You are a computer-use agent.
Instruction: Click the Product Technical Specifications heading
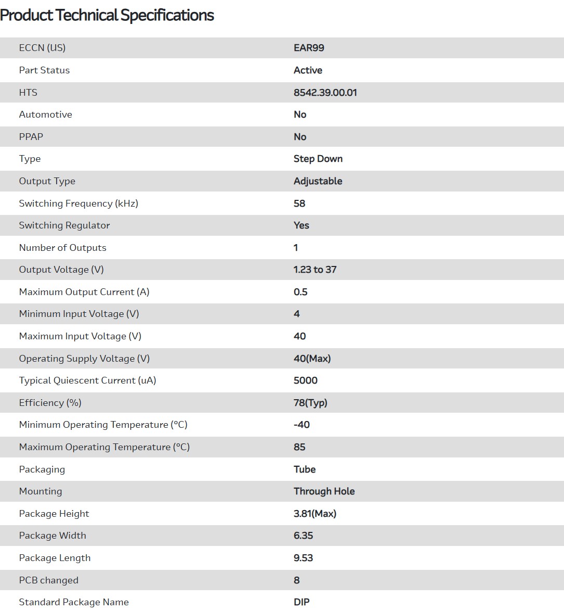click(107, 16)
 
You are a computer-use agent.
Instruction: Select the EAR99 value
click(309, 48)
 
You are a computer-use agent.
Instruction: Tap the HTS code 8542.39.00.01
click(325, 93)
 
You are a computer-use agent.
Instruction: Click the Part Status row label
click(44, 70)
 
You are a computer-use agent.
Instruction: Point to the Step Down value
click(318, 159)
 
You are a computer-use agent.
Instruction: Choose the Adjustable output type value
click(318, 181)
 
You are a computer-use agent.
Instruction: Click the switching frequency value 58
click(299, 203)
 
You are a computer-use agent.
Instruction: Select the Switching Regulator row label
click(64, 225)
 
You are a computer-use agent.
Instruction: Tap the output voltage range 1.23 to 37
click(315, 270)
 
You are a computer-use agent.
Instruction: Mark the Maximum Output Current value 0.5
click(300, 292)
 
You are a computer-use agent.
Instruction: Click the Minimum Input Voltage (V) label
click(79, 314)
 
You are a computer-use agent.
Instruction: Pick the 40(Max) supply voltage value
click(312, 359)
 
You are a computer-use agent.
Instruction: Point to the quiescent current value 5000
click(305, 380)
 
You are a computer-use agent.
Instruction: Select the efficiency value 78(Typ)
click(310, 403)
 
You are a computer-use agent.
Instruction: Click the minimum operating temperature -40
click(301, 425)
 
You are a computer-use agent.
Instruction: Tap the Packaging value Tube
click(305, 469)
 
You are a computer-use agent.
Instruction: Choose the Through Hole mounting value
click(324, 491)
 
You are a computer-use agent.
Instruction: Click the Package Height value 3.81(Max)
click(314, 514)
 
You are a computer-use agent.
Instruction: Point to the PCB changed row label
click(49, 580)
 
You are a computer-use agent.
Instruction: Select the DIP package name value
click(301, 602)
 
